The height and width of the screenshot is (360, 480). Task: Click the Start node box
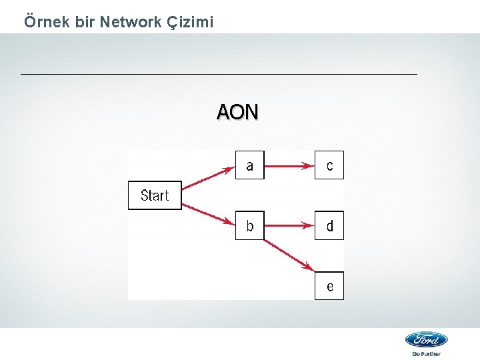(x=155, y=195)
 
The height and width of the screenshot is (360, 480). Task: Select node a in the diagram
(x=249, y=165)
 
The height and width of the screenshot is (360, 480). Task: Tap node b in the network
(x=249, y=225)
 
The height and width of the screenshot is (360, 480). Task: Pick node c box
(x=329, y=165)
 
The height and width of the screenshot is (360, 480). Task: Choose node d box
(x=329, y=225)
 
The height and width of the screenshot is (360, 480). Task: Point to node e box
(x=329, y=286)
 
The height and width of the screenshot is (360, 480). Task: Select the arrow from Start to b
(x=208, y=213)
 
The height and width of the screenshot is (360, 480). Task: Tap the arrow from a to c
(x=289, y=165)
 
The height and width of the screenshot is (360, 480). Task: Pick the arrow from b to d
(x=289, y=226)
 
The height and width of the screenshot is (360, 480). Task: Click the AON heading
(x=237, y=112)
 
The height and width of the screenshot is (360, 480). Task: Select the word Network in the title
(x=129, y=22)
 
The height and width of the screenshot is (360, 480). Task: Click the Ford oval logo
(x=426, y=339)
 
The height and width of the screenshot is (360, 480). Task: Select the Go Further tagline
(x=426, y=354)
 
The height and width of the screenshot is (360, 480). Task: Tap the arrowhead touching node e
(x=309, y=267)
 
